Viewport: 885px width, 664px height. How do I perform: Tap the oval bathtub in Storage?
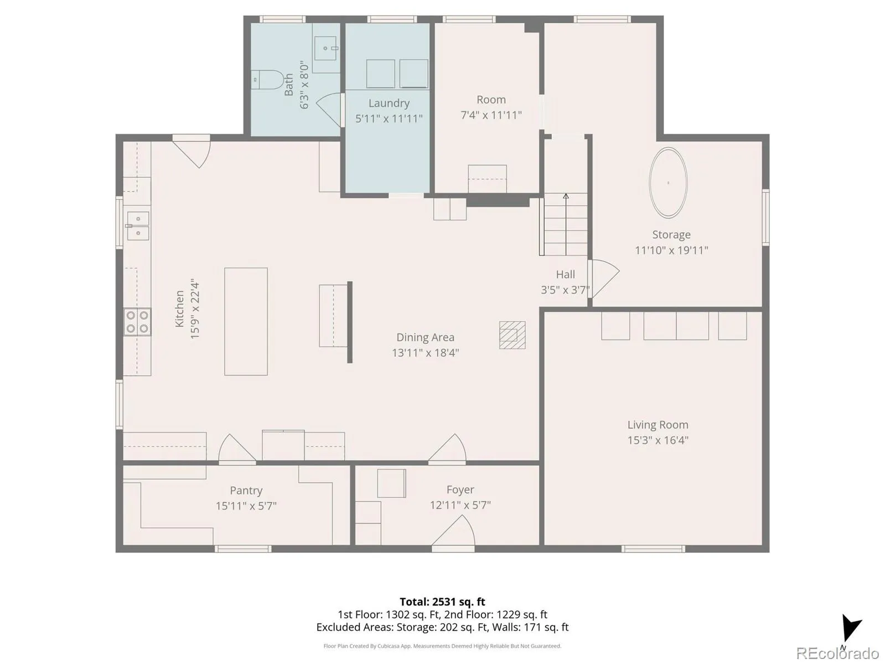tap(668, 183)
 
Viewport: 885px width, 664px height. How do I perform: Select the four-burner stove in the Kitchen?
tap(137, 322)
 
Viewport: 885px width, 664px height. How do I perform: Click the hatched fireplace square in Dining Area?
tap(512, 335)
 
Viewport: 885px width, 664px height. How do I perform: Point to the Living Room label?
tap(658, 425)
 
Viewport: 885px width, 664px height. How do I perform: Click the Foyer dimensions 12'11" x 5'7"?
tap(460, 505)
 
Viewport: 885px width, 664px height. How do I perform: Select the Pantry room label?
tap(246, 491)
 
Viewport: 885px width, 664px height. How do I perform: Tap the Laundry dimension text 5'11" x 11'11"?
tap(389, 119)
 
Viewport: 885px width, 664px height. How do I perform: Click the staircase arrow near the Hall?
tap(566, 224)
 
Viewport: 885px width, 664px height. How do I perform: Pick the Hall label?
tap(565, 275)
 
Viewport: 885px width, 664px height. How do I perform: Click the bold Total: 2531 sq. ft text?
tap(442, 602)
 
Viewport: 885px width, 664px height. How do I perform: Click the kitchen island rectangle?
tap(246, 322)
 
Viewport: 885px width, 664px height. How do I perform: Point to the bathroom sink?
tap(325, 48)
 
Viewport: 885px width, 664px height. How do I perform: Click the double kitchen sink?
tap(138, 226)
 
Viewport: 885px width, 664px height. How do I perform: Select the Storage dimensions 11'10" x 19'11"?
tap(671, 250)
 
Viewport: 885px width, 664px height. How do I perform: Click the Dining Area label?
tap(426, 337)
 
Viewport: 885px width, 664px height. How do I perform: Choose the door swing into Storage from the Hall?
tap(604, 279)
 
